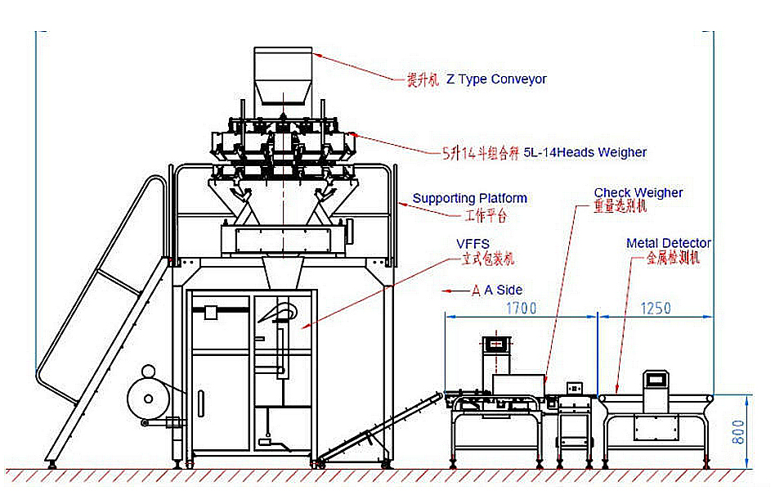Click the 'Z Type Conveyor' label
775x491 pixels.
[x=496, y=79]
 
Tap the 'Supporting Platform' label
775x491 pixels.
[x=469, y=198]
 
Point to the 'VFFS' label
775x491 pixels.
[x=473, y=245]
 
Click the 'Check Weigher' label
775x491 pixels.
[x=638, y=193]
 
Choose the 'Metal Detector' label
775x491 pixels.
[x=668, y=243]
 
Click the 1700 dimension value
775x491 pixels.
[x=520, y=309]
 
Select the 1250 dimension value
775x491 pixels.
[x=655, y=309]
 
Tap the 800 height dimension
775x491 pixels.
[x=739, y=431]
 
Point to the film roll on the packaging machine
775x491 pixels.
[x=149, y=399]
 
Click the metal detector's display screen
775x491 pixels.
[x=656, y=380]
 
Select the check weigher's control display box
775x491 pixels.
[x=495, y=345]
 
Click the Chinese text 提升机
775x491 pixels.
[x=423, y=80]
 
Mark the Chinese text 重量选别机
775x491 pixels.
[x=620, y=208]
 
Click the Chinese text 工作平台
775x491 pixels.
[x=486, y=215]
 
